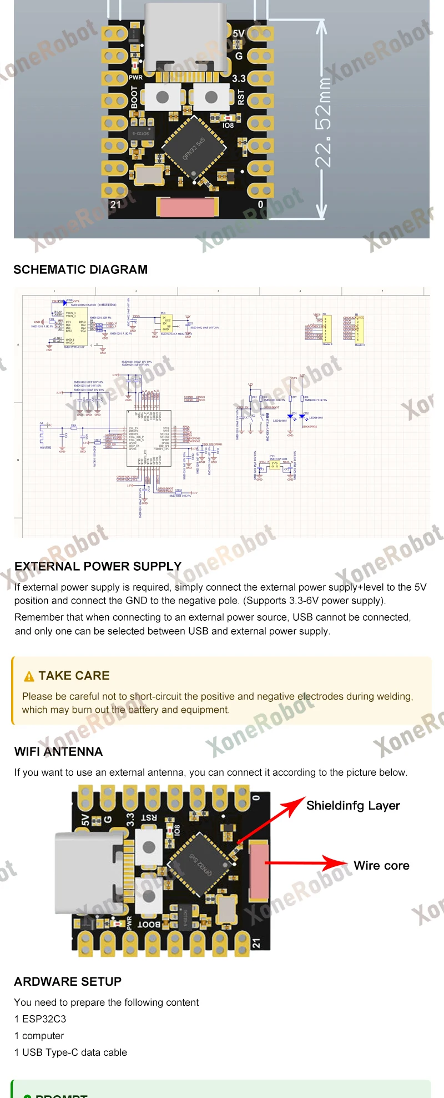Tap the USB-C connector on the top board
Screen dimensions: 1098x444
[185, 36]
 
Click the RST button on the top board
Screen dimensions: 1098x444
[211, 97]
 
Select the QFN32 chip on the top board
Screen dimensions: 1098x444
[194, 149]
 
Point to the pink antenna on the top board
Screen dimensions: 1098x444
[187, 207]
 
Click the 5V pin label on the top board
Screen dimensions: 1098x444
[239, 34]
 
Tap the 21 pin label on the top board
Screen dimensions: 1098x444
[115, 204]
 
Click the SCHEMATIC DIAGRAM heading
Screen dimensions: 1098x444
[80, 269]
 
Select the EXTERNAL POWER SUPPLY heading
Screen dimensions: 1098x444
[98, 566]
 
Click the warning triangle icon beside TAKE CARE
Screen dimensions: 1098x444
[29, 676]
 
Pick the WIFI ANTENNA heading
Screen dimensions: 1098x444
[58, 752]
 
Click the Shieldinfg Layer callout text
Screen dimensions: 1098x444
[353, 806]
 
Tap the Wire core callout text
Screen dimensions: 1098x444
[381, 866]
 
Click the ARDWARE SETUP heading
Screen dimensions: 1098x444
[68, 981]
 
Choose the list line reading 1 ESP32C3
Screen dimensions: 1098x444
[40, 1019]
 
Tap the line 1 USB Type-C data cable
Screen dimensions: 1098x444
[70, 1052]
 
